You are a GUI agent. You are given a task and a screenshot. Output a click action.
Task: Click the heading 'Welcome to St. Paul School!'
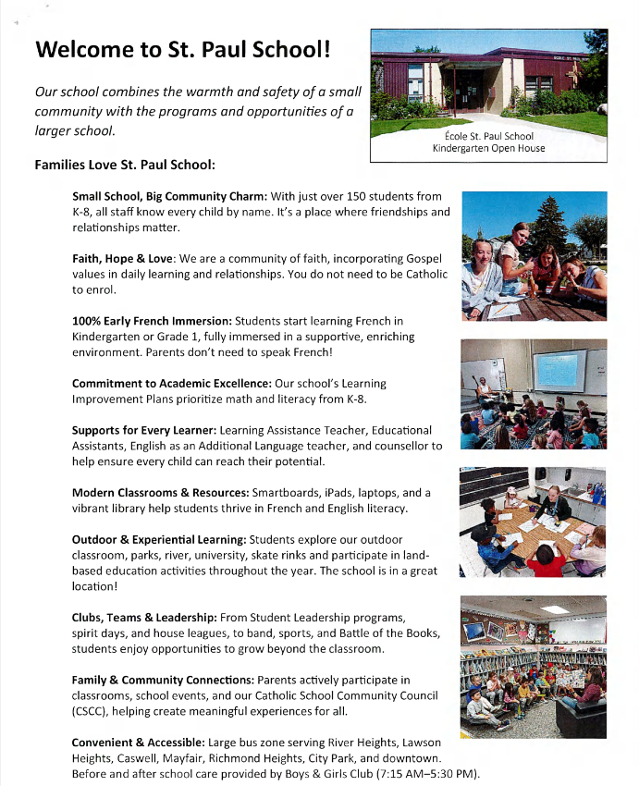point(182,48)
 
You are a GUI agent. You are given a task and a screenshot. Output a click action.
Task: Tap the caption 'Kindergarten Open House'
point(488,148)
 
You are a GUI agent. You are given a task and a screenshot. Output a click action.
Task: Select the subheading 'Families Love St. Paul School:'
point(125,166)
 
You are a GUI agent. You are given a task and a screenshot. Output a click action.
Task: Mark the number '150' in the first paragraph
point(356,196)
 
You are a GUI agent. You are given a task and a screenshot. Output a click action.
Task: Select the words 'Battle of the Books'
point(384,632)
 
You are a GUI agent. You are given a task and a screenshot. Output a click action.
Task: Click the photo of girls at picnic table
point(534,256)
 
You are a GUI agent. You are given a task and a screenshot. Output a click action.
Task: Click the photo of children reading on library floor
point(534,666)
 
